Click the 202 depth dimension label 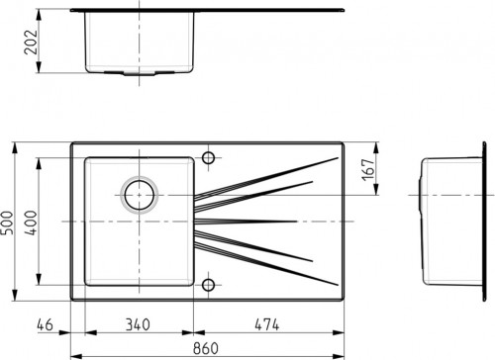[x=31, y=43]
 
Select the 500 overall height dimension [x=7, y=223]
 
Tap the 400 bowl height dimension [x=32, y=223]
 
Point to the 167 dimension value [x=368, y=170]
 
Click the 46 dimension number [x=45, y=324]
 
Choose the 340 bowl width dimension [x=138, y=324]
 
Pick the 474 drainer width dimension [x=267, y=324]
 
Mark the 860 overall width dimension [x=206, y=348]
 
